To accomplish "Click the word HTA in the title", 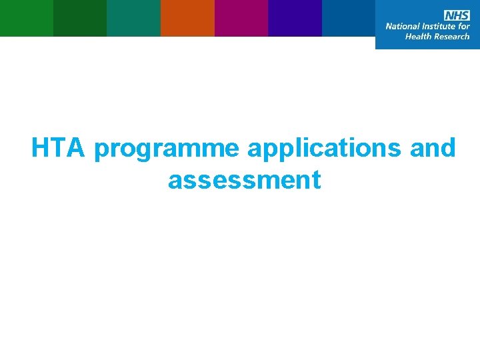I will [59, 148].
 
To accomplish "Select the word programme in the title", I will [167, 150].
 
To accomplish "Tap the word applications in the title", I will [325, 150].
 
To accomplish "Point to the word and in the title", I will [433, 148].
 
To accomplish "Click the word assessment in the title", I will [245, 179].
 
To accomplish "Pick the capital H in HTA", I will [41, 148].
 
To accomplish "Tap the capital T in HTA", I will [59, 148].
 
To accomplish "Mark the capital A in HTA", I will [76, 148].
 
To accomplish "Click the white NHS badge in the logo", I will [457, 15].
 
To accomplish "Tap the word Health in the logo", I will [419, 37].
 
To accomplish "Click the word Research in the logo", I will [452, 37].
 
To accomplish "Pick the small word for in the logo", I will [464, 27].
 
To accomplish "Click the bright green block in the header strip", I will [27, 18].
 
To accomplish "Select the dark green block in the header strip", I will [80, 18].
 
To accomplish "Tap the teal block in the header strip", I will [133, 18].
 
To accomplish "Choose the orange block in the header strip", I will [187, 18].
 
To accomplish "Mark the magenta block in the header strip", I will [241, 18].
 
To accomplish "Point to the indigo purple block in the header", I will [295, 18].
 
